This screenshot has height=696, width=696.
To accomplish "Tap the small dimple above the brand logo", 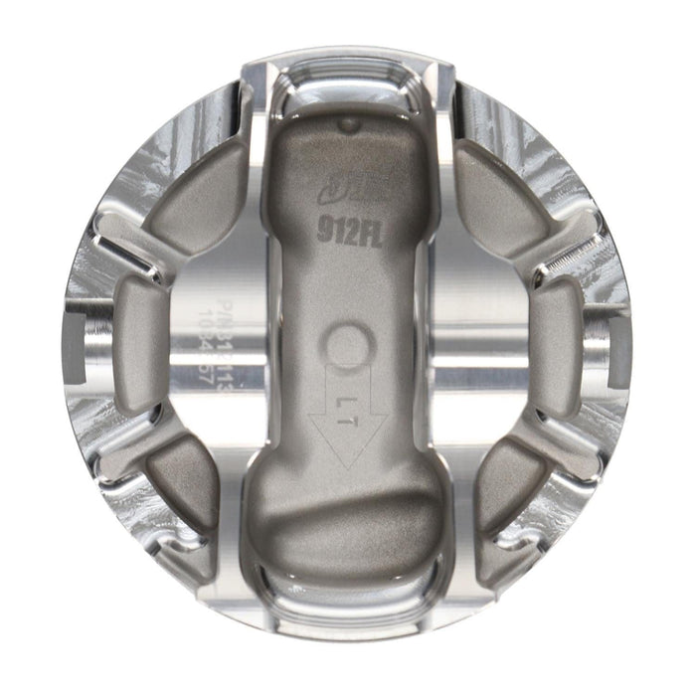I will coord(347,126).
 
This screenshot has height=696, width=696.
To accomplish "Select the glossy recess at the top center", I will coord(348,85).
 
